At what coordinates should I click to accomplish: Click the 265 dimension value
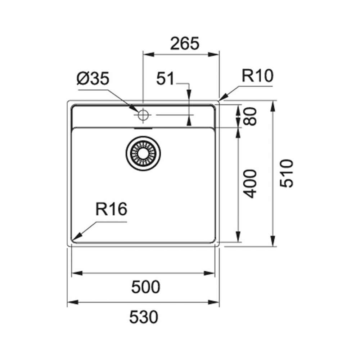coord(185,43)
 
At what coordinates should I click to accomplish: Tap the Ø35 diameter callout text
coord(93,78)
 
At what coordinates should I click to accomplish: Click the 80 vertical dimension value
coord(249,116)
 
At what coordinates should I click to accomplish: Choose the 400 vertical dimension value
coord(249,184)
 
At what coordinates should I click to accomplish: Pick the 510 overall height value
coord(287,173)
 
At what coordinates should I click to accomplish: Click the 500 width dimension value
coord(145,287)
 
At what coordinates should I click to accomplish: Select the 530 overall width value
coord(144,317)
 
